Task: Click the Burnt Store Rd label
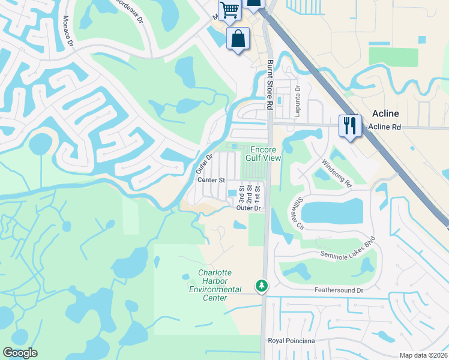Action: point(270,84)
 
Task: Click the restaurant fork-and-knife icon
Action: point(350,125)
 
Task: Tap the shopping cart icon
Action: point(229,10)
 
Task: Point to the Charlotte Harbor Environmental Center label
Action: point(215,286)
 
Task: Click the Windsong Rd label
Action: point(336,173)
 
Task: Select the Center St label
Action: point(211,180)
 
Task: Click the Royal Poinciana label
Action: point(291,341)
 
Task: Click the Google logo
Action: point(20,353)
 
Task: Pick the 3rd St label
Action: point(241,196)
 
